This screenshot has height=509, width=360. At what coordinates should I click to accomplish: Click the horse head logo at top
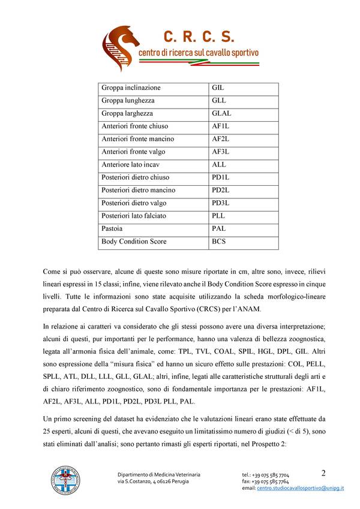(119, 46)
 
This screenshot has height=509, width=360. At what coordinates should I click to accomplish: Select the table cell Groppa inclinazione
(131, 88)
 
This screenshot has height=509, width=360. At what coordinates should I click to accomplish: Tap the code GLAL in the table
(221, 113)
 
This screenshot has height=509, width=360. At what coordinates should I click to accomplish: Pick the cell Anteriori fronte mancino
(138, 139)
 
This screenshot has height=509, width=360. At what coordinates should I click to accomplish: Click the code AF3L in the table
(221, 152)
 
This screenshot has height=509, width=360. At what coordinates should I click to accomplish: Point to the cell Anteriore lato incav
(131, 164)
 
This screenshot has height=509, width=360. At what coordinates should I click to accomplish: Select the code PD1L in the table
(221, 177)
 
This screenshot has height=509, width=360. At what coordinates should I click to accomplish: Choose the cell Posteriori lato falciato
(134, 216)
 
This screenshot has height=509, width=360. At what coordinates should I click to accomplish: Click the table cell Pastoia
(112, 228)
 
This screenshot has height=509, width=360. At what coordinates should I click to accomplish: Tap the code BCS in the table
(219, 242)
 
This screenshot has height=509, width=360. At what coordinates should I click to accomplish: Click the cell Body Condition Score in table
(134, 242)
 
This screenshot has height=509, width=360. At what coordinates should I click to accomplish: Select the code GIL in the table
(218, 88)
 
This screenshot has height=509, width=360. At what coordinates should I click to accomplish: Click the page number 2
(323, 472)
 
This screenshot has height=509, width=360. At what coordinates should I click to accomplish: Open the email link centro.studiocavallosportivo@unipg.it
(301, 489)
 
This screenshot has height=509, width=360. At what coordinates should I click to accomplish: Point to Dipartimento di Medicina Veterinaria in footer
(159, 475)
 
